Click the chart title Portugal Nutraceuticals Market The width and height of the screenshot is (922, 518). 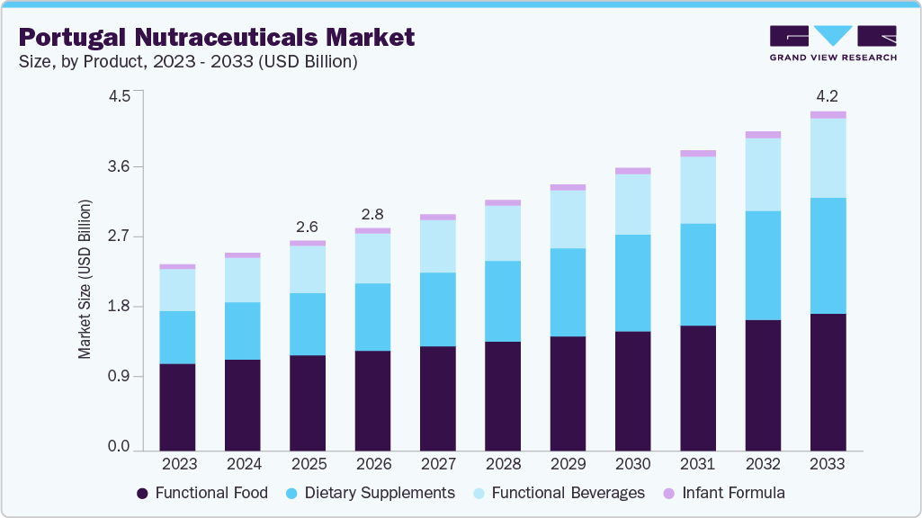click(216, 37)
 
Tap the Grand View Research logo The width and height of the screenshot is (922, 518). click(833, 43)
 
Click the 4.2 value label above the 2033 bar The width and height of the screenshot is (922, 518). click(828, 97)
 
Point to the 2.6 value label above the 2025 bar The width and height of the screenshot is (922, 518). click(308, 227)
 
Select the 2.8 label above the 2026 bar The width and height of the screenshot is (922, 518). click(372, 214)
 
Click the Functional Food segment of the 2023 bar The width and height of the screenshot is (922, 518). click(177, 406)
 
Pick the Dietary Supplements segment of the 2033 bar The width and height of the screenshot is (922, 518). click(828, 255)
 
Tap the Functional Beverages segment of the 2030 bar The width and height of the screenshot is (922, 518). click(632, 204)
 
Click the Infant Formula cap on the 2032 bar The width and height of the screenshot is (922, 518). click(763, 135)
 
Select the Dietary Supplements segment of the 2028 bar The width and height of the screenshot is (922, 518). click(503, 301)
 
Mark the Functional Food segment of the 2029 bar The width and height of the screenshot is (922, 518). click(568, 393)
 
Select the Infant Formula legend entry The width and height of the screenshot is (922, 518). click(724, 493)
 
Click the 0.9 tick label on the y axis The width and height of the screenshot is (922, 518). click(119, 377)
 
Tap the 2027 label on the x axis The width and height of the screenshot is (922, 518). click(437, 464)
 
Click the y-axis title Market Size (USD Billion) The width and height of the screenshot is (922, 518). click(85, 279)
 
